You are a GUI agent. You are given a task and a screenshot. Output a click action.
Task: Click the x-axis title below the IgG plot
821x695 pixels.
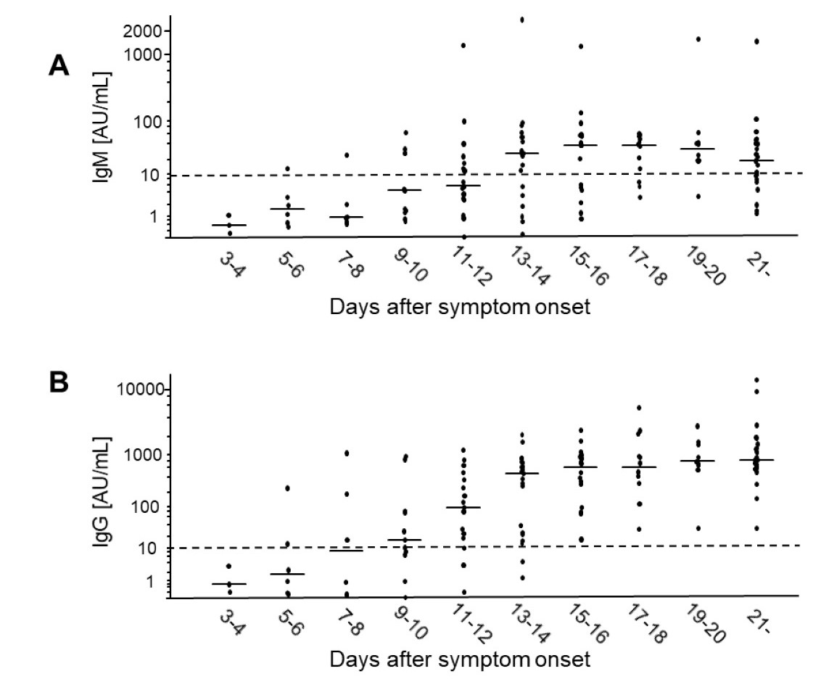coord(460,660)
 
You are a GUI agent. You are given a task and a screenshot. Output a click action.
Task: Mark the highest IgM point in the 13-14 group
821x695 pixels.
coord(522,20)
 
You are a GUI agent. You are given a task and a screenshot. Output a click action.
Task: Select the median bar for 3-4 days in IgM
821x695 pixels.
coord(229,225)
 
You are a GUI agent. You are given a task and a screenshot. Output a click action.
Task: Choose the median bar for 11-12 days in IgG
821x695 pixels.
coord(463,507)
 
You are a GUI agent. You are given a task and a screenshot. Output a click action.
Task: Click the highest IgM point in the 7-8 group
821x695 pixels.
coord(347,155)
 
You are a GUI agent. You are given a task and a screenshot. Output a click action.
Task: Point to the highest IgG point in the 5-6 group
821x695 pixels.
coord(288,488)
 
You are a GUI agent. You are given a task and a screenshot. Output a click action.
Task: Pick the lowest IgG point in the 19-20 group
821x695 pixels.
coord(698,528)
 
